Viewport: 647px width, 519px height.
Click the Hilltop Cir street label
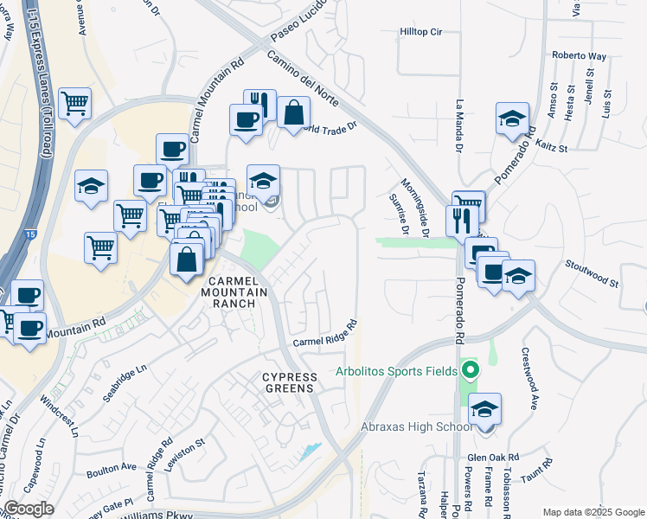tap(421, 32)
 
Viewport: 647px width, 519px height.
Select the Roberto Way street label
tap(579, 56)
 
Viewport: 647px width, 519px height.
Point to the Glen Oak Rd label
tap(492, 458)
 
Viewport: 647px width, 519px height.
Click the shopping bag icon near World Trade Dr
tap(294, 112)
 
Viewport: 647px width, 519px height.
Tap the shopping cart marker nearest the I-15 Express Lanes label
tap(75, 104)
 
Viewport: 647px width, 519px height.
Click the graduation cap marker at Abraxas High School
tap(485, 408)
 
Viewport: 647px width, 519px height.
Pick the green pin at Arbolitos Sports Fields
tap(471, 372)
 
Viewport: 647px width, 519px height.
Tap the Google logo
tap(29, 509)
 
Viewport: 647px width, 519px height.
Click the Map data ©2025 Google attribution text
tap(593, 512)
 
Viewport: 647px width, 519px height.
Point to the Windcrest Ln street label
tap(60, 416)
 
